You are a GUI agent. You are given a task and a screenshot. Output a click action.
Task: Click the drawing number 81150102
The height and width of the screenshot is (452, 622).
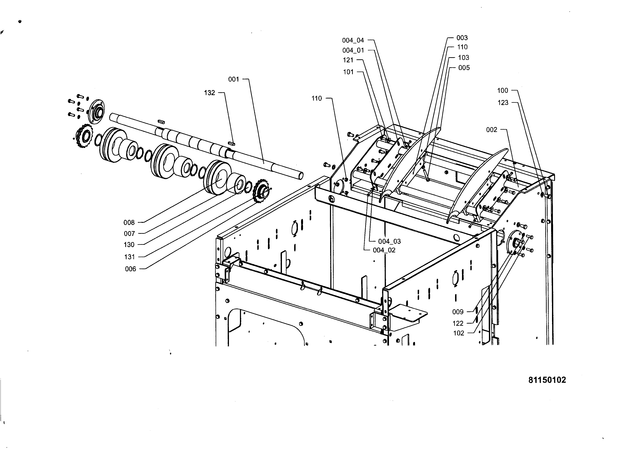point(547,380)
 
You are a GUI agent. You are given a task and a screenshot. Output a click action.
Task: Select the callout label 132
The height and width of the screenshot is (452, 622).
point(209,93)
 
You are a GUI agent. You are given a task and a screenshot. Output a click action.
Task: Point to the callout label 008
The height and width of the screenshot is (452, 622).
point(129,223)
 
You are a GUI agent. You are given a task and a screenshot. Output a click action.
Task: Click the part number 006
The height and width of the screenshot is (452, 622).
point(131,269)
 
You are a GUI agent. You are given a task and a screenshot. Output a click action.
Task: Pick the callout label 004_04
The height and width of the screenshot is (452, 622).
point(353,40)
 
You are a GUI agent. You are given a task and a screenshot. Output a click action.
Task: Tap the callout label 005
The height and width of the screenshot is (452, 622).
point(464,67)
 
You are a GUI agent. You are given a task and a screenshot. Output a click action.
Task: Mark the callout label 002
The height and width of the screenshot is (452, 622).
point(492,130)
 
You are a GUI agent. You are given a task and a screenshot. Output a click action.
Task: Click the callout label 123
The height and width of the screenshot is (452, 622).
point(503,103)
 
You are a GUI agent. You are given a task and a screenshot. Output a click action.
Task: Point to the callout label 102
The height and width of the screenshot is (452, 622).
point(459,333)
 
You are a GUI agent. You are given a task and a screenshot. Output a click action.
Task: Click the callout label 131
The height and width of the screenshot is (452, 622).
point(129,257)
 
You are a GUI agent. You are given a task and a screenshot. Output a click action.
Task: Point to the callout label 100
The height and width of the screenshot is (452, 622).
point(503,91)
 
